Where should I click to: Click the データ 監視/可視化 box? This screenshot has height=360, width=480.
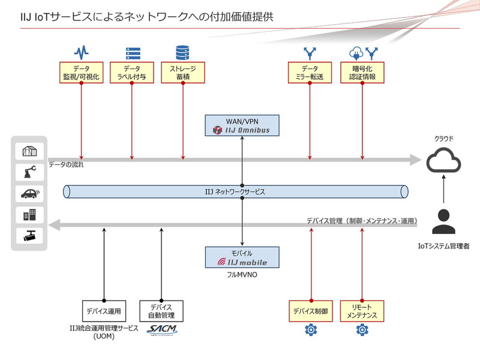pos(81,73)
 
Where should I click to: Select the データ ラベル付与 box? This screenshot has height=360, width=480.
pos(132,73)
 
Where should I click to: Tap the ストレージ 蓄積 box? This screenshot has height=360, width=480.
pos(183,73)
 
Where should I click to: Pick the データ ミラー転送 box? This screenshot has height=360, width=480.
pos(310,73)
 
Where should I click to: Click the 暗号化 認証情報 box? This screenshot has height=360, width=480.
pos(362,73)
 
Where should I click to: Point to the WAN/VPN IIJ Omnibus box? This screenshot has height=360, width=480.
pos(242,125)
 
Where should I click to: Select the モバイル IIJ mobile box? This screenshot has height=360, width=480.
pos(242,258)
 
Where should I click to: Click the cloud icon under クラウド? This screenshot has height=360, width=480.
pos(443,161)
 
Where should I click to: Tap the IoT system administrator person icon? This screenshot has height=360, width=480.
pos(443,221)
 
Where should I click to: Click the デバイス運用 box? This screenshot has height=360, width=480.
pos(104,311)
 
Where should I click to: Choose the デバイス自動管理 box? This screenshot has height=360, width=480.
pos(161,311)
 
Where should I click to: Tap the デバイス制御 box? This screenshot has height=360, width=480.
pos(310,311)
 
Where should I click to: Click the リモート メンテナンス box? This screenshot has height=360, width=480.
pos(362,311)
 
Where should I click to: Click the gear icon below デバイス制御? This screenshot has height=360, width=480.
pos(310,329)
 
